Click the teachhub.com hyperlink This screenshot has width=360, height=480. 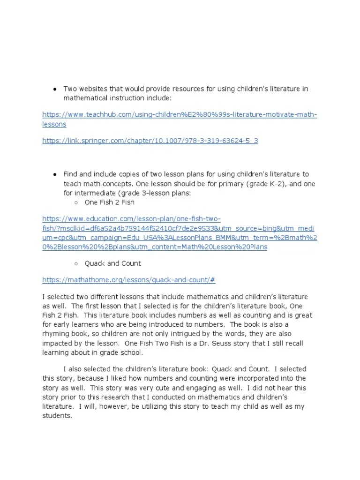click(x=180, y=115)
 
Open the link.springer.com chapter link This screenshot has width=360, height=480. click(x=150, y=140)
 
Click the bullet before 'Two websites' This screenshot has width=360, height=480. click(x=55, y=89)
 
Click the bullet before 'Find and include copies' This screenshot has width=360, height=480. click(x=55, y=174)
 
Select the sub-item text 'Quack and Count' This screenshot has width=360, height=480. click(x=112, y=263)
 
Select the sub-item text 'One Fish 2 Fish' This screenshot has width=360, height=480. click(x=109, y=202)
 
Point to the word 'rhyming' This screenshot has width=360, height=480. click(x=57, y=334)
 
